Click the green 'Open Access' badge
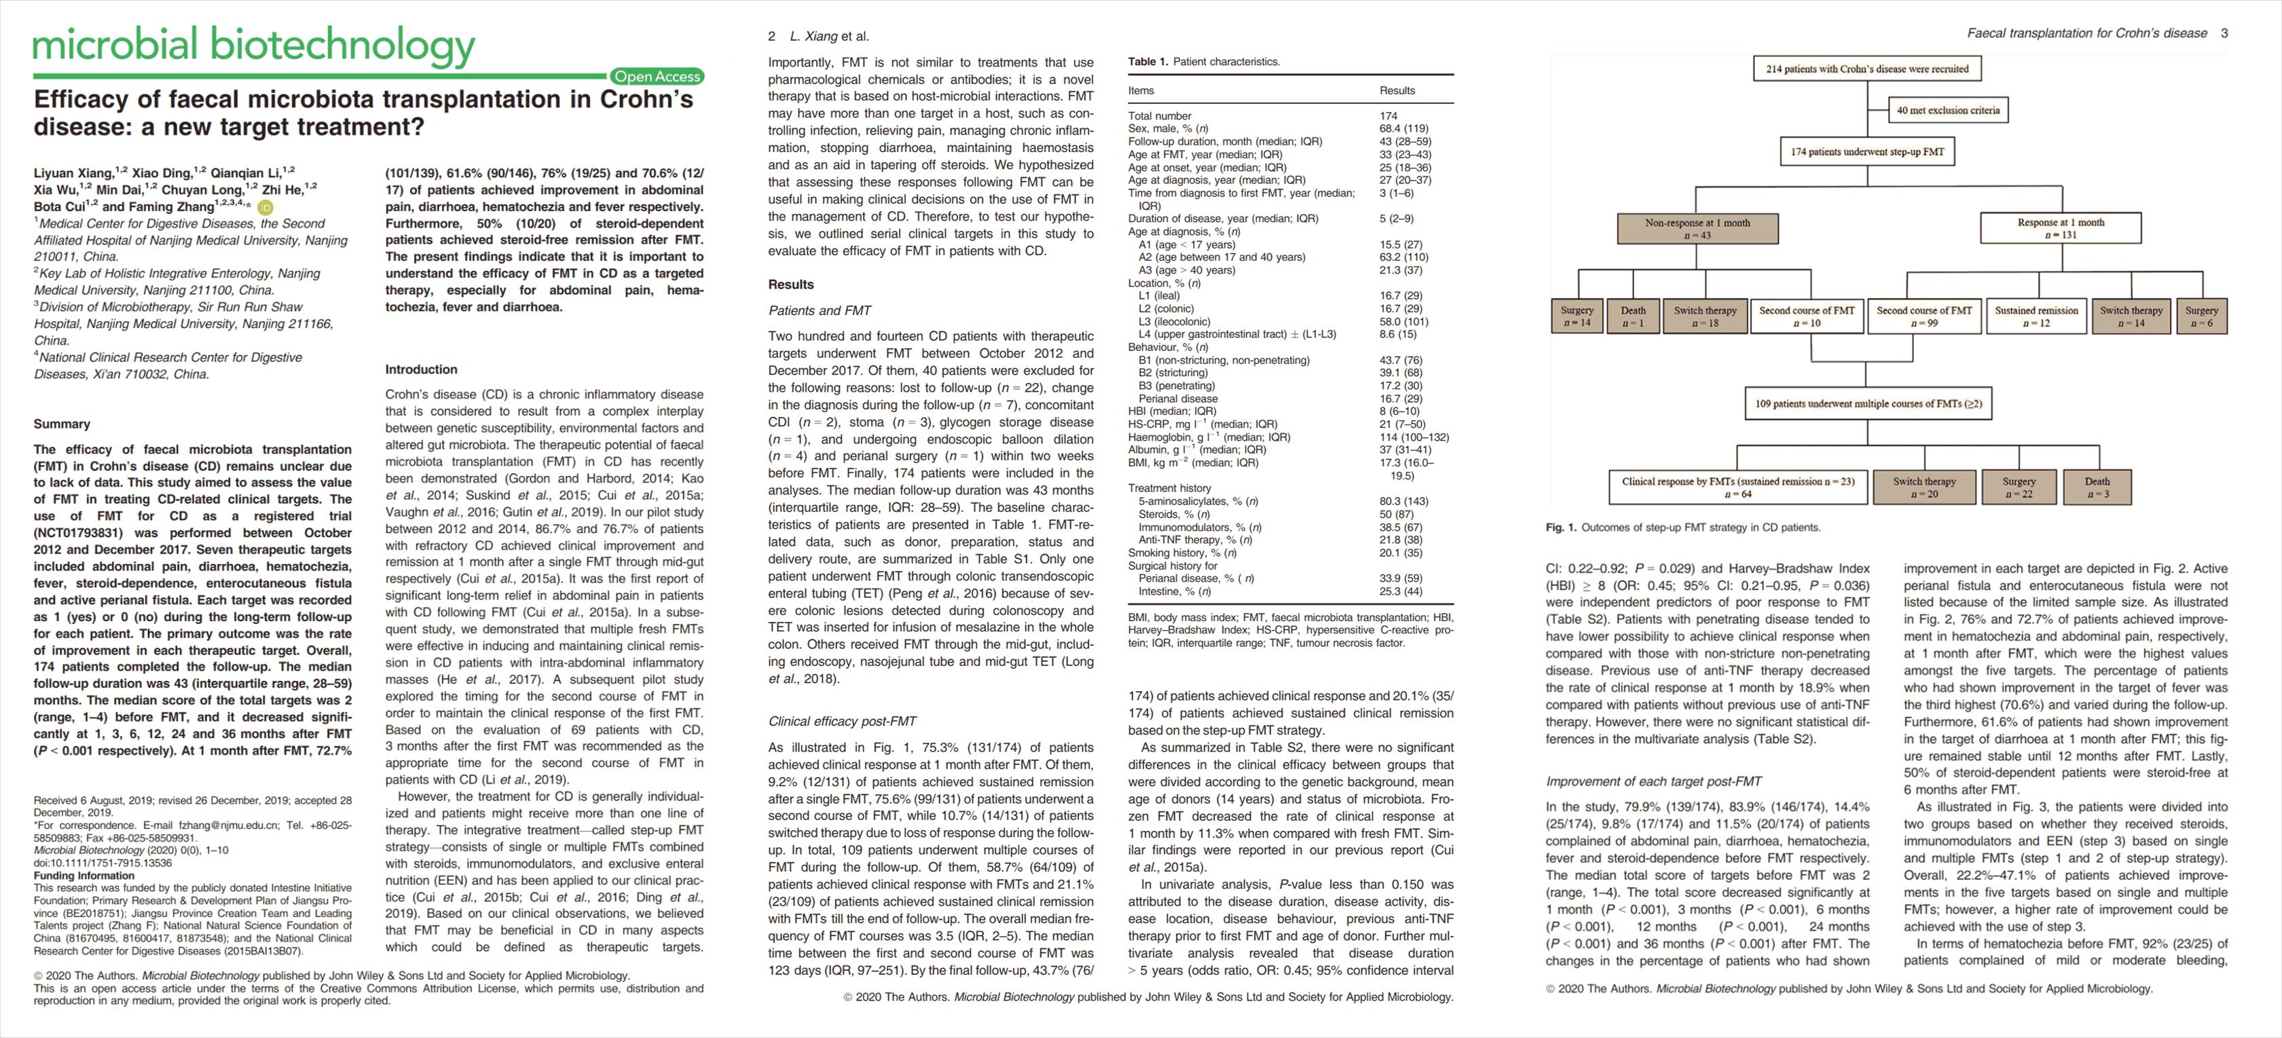[x=657, y=77]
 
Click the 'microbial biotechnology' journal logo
[x=254, y=45]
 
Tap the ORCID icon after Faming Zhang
[x=265, y=207]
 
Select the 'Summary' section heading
[x=62, y=424]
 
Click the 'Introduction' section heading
[x=421, y=369]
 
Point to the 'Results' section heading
[x=790, y=284]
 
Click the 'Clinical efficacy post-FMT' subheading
[x=841, y=721]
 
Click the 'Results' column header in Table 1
[x=1397, y=90]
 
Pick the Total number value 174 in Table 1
[x=1388, y=116]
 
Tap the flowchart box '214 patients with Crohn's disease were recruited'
[x=1866, y=69]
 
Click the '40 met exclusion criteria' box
[x=1947, y=111]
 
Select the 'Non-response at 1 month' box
[x=1697, y=229]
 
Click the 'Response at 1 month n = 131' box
[x=2061, y=229]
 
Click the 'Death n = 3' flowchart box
[x=2096, y=487]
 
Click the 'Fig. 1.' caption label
[x=1561, y=528]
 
